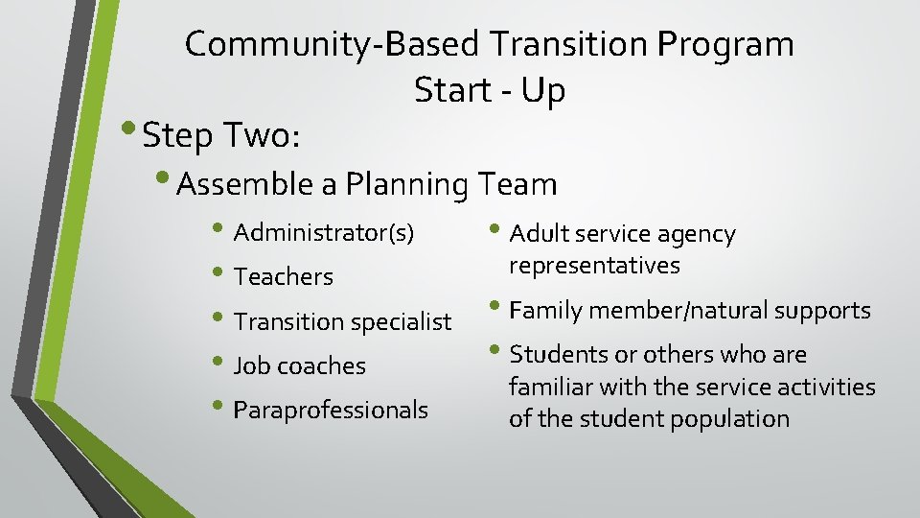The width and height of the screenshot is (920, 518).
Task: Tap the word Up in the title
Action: (x=544, y=92)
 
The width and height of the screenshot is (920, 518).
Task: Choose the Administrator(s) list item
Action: (x=324, y=233)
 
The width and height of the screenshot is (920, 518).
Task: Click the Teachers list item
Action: (x=284, y=277)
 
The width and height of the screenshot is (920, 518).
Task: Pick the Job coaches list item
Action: (x=300, y=366)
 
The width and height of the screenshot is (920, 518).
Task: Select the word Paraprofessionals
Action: (x=331, y=411)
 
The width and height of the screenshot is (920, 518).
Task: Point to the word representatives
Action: (x=594, y=266)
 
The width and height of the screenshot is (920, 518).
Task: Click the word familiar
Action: (x=547, y=388)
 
